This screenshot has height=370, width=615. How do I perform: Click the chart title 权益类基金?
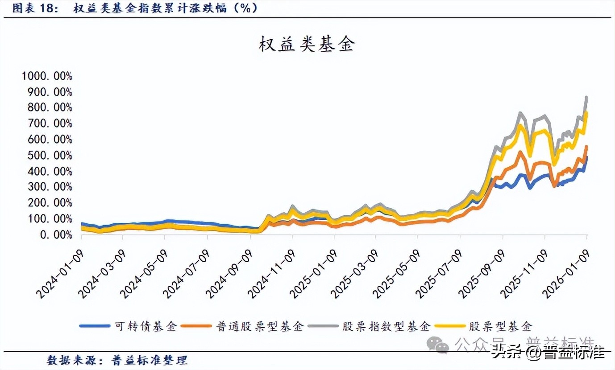click(x=306, y=44)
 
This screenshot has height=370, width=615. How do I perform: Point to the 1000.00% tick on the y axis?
click(x=46, y=76)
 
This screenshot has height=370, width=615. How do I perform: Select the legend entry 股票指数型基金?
click(x=386, y=326)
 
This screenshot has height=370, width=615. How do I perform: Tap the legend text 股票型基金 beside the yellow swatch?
click(x=500, y=326)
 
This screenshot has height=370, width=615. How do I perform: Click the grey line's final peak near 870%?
click(x=586, y=98)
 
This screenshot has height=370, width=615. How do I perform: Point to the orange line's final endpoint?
click(x=586, y=147)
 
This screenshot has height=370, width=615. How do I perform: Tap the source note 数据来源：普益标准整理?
click(x=117, y=360)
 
